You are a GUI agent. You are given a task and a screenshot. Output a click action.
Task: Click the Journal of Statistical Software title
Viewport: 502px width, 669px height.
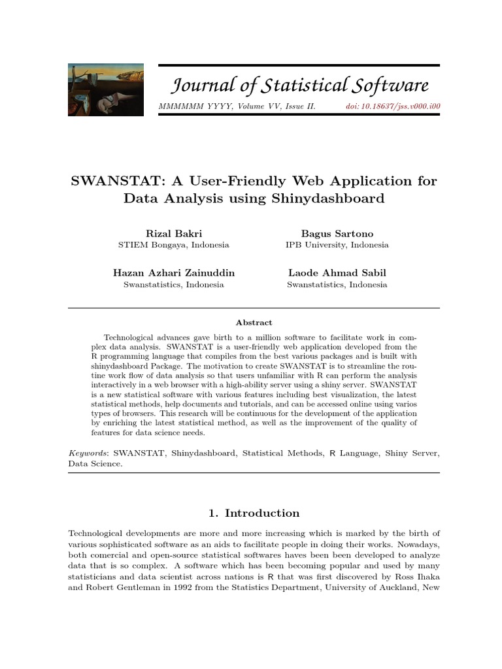[300, 85]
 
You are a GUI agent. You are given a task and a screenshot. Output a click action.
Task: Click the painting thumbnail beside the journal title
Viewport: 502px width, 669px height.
[106, 90]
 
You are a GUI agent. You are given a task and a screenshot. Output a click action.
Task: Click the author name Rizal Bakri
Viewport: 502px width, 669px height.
[174, 233]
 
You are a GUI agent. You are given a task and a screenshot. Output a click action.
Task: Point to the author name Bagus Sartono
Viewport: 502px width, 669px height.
[337, 233]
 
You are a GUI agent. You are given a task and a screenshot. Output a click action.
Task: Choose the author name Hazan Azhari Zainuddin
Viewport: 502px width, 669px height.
[174, 273]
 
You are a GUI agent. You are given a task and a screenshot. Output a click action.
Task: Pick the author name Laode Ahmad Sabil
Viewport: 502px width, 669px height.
[337, 273]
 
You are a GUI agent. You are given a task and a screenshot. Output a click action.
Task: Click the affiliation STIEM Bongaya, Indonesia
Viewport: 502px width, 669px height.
[174, 245]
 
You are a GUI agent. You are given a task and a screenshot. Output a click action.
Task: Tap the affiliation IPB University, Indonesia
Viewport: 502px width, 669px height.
[337, 245]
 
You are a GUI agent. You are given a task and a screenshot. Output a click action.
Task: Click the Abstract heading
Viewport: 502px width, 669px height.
[254, 322]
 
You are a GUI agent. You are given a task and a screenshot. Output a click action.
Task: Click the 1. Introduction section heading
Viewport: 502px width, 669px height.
[254, 513]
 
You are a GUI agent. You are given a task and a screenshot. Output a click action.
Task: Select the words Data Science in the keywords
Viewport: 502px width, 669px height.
[95, 464]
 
